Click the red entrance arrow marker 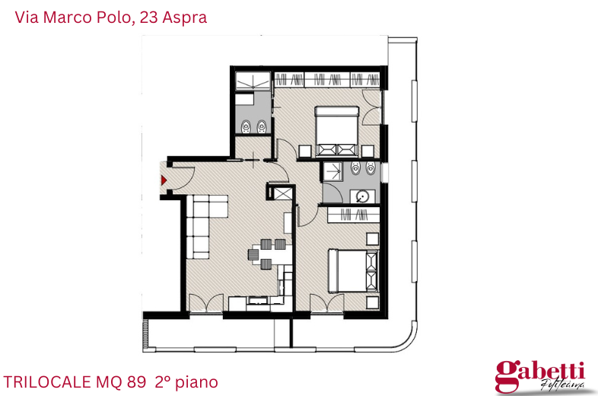tap(163, 180)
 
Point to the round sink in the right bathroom tap(363, 196)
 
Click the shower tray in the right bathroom tap(332, 171)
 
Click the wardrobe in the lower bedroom tap(352, 216)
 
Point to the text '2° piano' tap(186, 381)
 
